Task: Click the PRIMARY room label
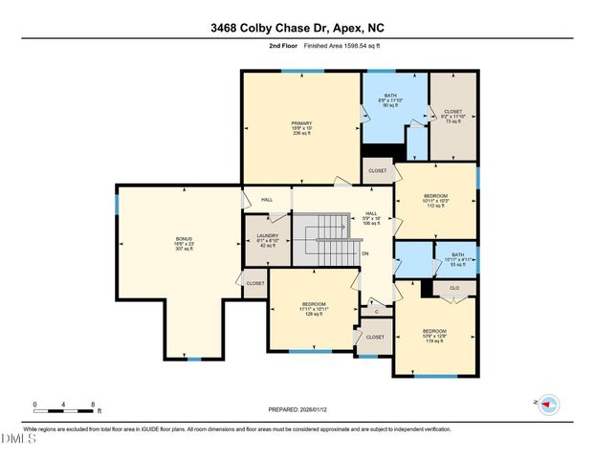[x=301, y=128]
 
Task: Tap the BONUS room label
[x=184, y=244]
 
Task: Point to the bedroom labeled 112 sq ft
[x=435, y=200]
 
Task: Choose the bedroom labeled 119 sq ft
[x=435, y=336]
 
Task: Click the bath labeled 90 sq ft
[x=390, y=100]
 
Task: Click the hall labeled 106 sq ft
[x=372, y=220]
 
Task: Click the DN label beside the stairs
[x=365, y=253]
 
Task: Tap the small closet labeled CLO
[x=454, y=287]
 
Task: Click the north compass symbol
[x=548, y=404]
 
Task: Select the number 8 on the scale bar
[x=93, y=404]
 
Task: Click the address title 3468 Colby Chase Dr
[x=297, y=29]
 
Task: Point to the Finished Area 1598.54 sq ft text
[x=342, y=45]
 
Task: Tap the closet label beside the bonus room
[x=255, y=283]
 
